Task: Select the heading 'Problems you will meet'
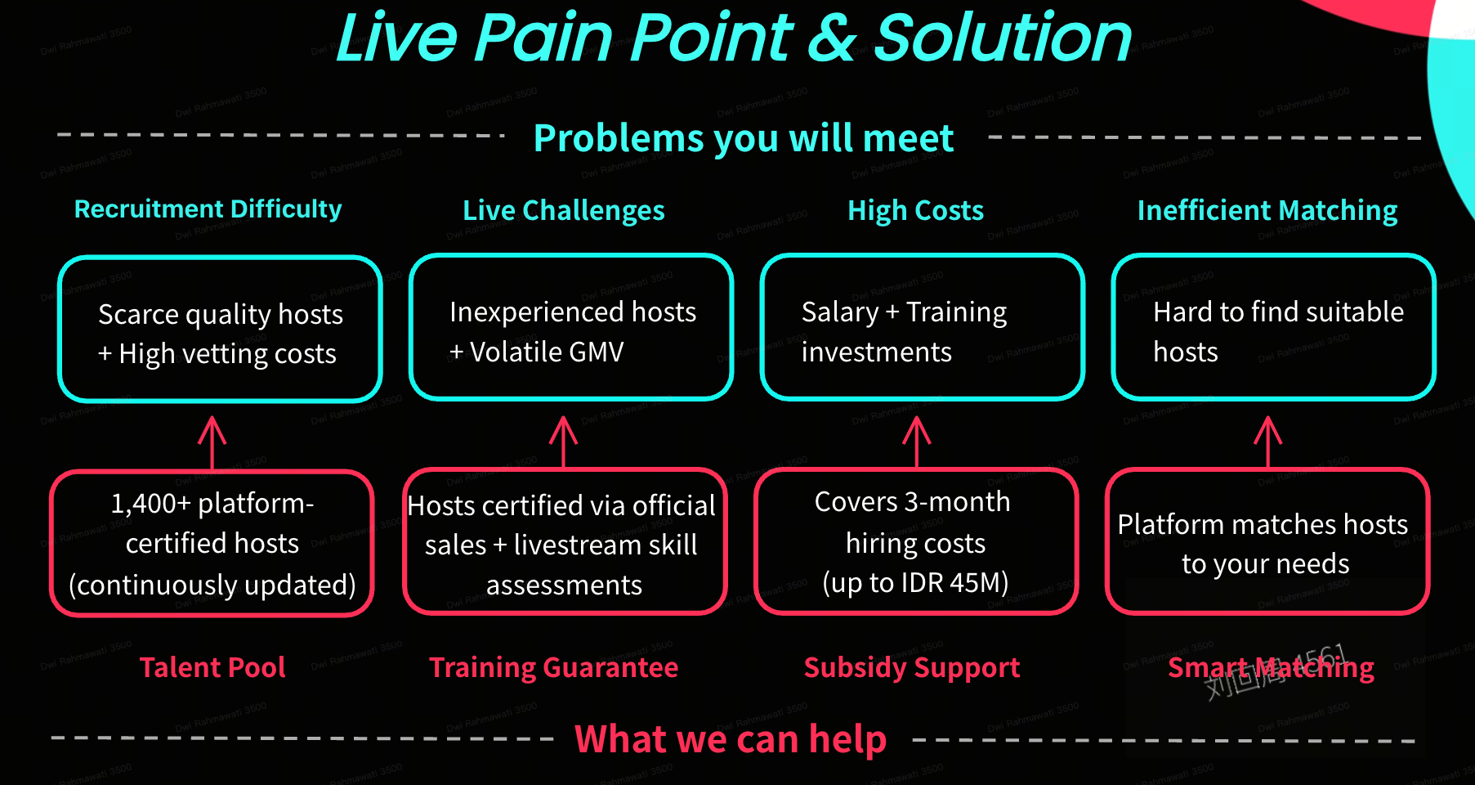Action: click(743, 138)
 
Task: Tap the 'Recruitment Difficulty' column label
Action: click(208, 209)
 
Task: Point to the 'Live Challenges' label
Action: click(563, 210)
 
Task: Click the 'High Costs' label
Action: click(915, 210)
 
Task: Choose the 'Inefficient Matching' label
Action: click(1267, 210)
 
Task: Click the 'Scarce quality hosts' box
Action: click(220, 329)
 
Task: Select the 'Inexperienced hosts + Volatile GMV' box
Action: click(571, 327)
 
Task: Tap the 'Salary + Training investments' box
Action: click(923, 327)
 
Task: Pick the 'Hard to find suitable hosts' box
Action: click(1273, 327)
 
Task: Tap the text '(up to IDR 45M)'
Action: click(915, 582)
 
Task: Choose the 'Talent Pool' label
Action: click(212, 667)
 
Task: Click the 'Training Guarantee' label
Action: click(553, 667)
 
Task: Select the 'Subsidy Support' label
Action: click(912, 667)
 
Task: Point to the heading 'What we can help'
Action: click(731, 739)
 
